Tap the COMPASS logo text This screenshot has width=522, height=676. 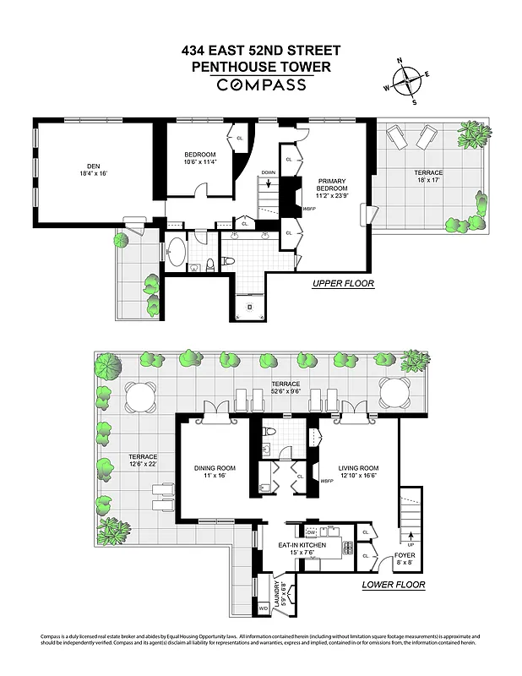[261, 84]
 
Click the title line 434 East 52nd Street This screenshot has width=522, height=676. [261, 51]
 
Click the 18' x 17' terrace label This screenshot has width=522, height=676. [428, 176]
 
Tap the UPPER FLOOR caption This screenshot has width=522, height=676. [343, 284]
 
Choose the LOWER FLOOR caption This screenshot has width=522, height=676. [393, 585]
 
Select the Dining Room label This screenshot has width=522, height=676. [213, 472]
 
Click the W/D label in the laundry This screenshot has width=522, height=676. [263, 608]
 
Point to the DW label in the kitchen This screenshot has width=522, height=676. [312, 532]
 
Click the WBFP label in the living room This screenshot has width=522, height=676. [327, 482]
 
